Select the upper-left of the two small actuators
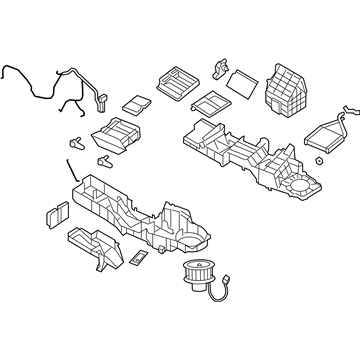77,140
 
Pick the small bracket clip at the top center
219,68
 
